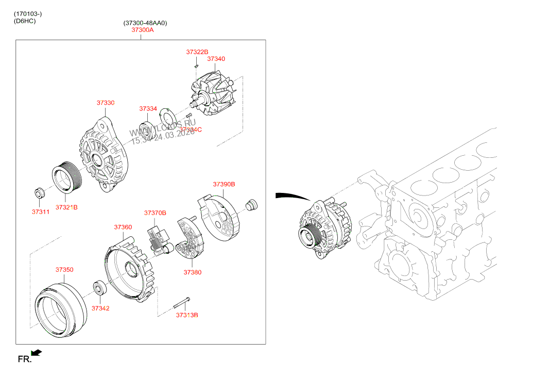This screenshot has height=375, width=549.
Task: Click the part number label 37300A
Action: (142, 30)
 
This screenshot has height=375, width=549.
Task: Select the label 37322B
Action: (197, 52)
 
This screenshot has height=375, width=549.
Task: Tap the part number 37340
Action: (216, 59)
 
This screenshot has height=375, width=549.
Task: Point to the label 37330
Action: (105, 103)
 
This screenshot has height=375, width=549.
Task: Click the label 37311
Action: (40, 211)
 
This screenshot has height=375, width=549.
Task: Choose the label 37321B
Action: (66, 207)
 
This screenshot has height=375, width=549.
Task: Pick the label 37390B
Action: (224, 184)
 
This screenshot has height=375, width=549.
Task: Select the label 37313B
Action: (186, 315)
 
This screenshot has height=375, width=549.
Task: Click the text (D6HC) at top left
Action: (25, 21)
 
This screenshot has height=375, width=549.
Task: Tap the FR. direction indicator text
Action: (25, 359)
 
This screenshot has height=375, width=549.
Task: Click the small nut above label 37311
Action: (40, 193)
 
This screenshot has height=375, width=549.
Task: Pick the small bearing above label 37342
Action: (99, 287)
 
